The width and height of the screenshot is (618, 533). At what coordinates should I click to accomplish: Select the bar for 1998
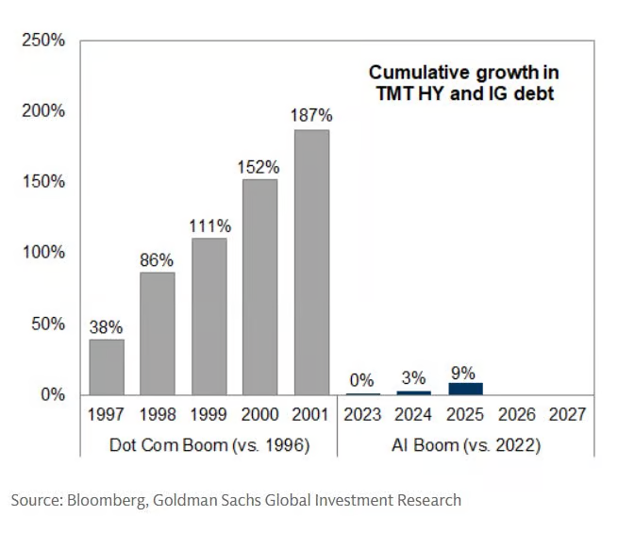click(158, 332)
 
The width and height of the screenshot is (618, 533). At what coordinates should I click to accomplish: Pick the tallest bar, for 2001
click(311, 261)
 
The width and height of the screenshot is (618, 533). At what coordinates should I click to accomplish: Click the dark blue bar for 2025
click(466, 388)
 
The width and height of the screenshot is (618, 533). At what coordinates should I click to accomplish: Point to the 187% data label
click(311, 116)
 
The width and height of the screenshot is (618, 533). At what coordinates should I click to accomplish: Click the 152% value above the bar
click(260, 166)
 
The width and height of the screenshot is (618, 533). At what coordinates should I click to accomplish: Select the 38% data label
click(107, 327)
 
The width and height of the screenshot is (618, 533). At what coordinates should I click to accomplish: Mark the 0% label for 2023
click(363, 379)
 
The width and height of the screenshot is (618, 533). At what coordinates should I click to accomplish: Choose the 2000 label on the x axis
click(260, 415)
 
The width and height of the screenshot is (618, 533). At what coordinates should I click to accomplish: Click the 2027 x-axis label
click(568, 415)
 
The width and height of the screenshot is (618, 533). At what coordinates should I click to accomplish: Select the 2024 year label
click(414, 415)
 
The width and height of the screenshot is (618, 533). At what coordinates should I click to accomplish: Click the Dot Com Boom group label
click(209, 443)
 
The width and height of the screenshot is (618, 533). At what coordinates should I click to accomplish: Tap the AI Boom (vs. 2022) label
click(466, 443)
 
